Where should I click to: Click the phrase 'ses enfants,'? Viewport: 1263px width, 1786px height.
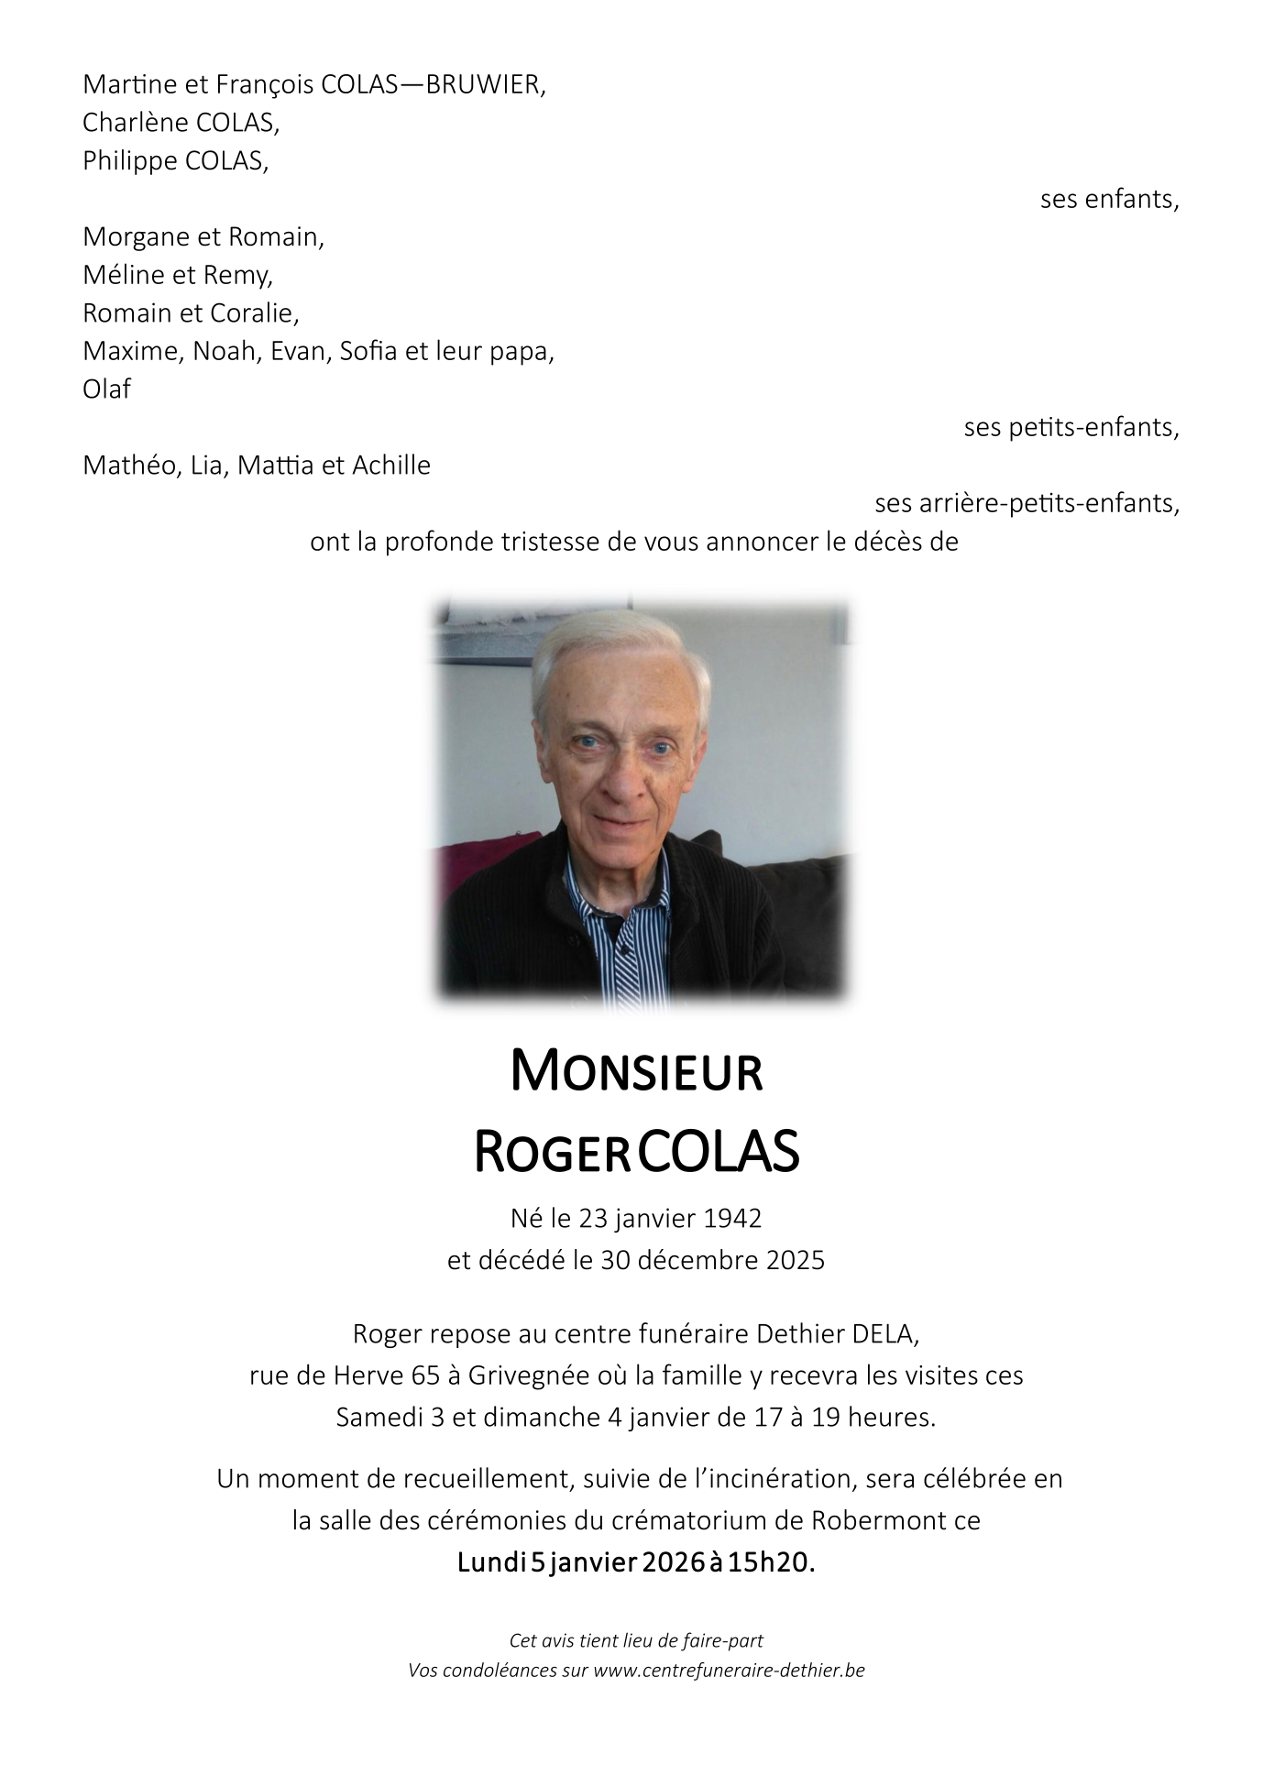1109,200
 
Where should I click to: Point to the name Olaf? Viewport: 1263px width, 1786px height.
106,389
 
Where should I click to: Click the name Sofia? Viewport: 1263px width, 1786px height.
369,351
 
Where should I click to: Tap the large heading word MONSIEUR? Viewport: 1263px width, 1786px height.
636,1072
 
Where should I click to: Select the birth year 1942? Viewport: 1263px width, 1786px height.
732,1219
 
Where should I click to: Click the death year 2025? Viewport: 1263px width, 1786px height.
795,1261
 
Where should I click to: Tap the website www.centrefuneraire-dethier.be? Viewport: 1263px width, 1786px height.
729,1671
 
